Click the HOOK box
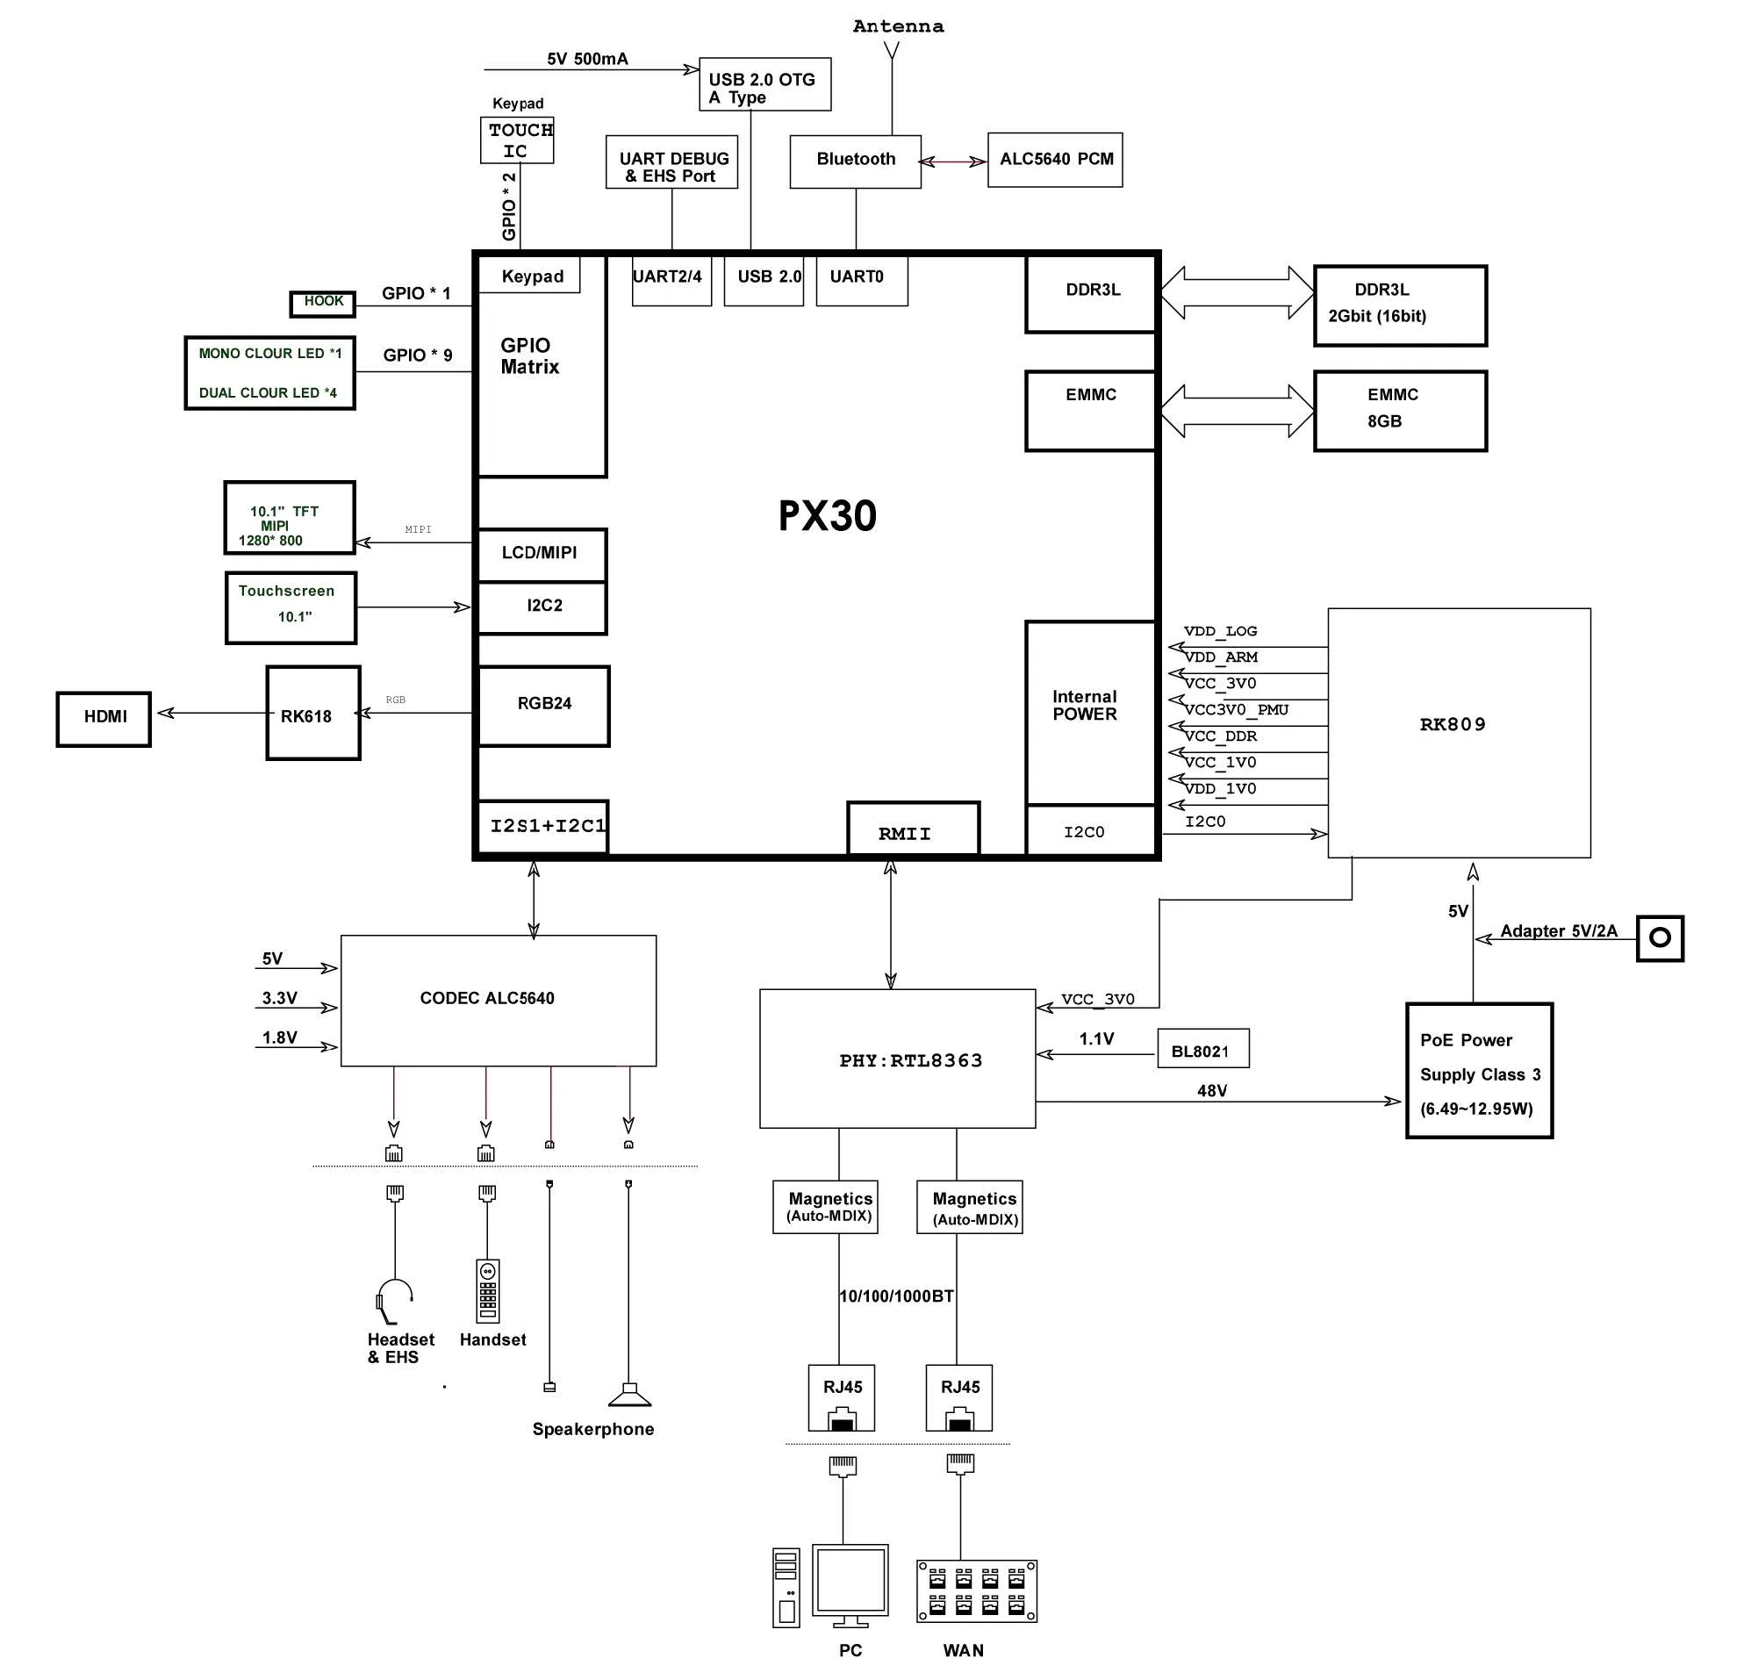(x=322, y=304)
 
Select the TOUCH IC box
(x=517, y=140)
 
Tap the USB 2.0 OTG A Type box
(x=764, y=85)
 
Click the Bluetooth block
(x=855, y=162)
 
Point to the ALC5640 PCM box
(x=1055, y=160)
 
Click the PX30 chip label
(x=828, y=516)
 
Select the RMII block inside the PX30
(x=913, y=829)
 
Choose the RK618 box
(x=312, y=713)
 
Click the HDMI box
(x=104, y=719)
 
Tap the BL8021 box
(x=1202, y=1048)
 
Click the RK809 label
(x=1453, y=725)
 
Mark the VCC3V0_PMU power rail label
(x=1237, y=709)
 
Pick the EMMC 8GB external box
(x=1400, y=411)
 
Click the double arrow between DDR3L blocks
(x=1237, y=292)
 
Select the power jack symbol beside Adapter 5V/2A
(x=1659, y=938)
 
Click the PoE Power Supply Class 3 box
(x=1479, y=1071)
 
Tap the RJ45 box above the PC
(x=842, y=1396)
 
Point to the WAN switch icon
(x=976, y=1591)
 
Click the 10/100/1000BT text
(x=896, y=1296)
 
